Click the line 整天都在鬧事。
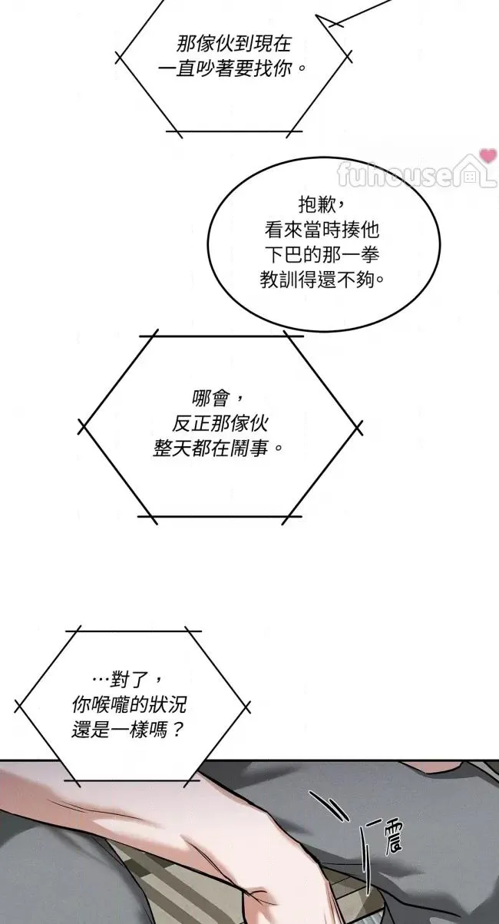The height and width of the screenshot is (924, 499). [x=218, y=449]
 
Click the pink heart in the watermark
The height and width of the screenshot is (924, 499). [x=487, y=156]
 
